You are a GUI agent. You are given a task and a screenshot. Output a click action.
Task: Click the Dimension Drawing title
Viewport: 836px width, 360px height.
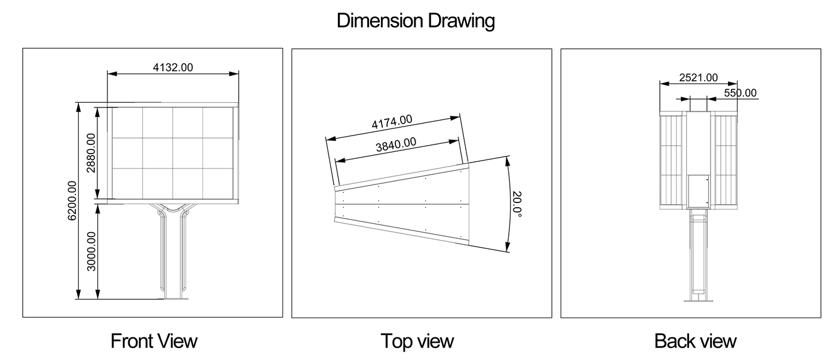pos(416,20)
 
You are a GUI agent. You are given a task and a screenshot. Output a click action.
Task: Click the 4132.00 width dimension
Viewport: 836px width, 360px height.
pos(173,67)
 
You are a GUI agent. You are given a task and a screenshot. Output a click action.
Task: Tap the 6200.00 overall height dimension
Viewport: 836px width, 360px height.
pos(72,201)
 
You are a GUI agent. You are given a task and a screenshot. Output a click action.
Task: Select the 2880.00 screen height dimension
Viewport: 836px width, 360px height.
pos(91,153)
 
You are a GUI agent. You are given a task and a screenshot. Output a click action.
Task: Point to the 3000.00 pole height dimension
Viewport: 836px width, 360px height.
pos(91,251)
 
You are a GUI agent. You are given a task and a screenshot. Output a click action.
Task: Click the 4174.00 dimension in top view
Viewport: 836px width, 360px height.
pos(392,122)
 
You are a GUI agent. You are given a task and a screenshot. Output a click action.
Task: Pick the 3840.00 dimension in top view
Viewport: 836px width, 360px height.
pos(395,144)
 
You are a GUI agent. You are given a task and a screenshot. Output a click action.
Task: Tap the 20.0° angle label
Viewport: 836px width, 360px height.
pos(517,204)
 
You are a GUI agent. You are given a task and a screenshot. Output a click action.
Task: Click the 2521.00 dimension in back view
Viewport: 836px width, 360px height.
pos(698,78)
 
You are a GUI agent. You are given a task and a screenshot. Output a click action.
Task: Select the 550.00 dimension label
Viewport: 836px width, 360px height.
pos(740,93)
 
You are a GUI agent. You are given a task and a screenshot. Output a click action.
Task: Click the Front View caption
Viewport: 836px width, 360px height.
pos(154,341)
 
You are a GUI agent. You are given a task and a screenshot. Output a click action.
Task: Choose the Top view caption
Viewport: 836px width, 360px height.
pos(417,341)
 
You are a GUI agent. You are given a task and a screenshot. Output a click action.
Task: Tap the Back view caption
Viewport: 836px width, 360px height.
pos(695,341)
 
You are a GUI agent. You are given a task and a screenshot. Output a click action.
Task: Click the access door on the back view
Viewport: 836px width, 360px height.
pos(699,191)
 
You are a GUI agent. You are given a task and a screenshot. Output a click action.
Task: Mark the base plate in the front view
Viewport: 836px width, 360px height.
pos(173,299)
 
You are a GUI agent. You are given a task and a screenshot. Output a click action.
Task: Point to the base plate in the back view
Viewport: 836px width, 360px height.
pos(699,301)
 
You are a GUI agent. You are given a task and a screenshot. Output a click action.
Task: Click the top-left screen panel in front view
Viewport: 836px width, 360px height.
pos(127,123)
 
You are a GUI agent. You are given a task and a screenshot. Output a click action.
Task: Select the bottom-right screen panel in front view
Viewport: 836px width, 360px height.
pos(219,183)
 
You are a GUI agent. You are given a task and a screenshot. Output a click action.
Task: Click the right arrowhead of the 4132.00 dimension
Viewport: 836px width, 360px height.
pos(234,74)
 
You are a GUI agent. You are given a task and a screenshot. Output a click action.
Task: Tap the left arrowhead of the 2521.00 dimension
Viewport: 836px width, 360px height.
pos(665,84)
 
